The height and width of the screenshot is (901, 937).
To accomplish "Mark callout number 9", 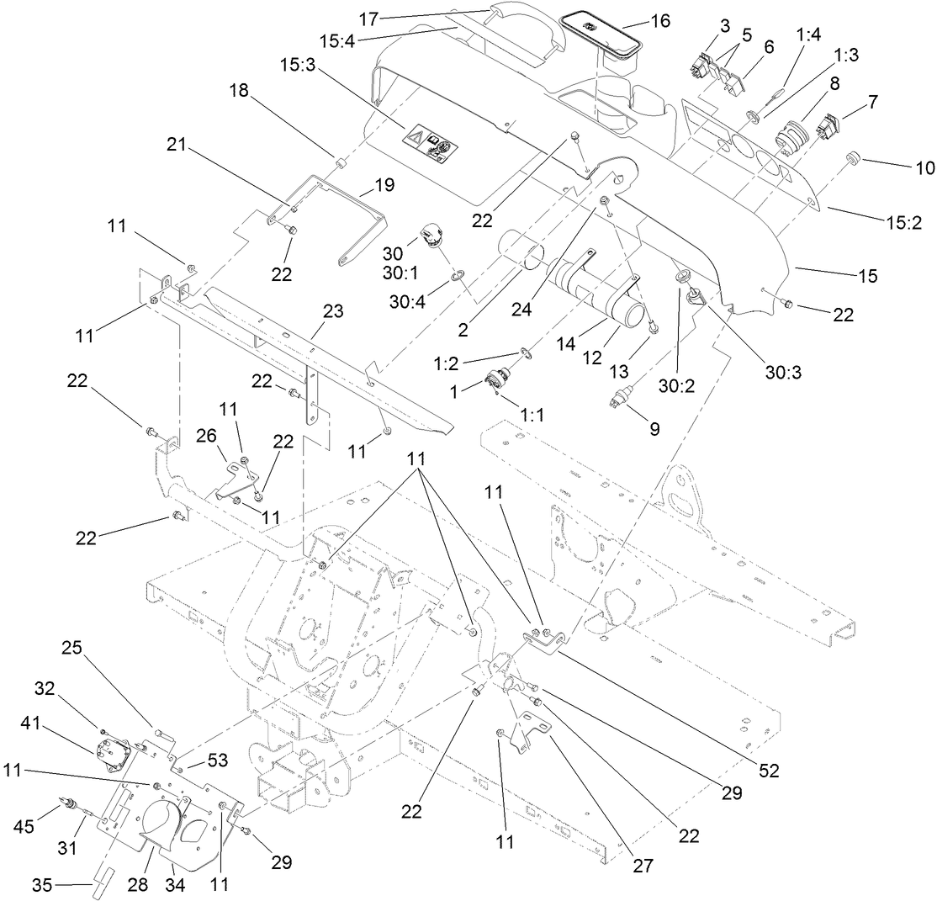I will pos(653,427).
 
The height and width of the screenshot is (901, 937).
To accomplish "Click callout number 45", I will pos(49,827).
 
